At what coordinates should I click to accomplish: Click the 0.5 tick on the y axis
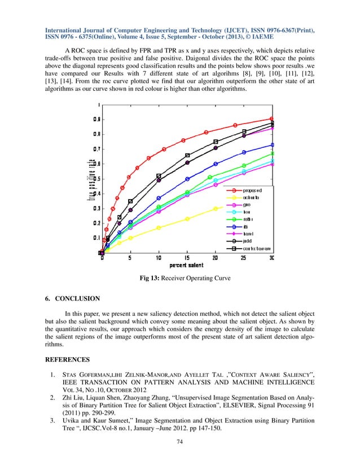pyautogui.click(x=97, y=179)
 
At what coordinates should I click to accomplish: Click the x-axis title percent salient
pyautogui.click(x=187, y=266)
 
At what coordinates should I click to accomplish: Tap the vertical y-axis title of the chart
pyautogui.click(x=90, y=179)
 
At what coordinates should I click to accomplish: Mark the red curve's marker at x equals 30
pyautogui.click(x=272, y=119)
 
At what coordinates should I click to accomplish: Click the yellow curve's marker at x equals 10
pyautogui.click(x=159, y=228)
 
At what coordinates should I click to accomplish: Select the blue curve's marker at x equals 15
pyautogui.click(x=187, y=179)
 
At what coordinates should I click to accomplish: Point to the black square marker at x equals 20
pyautogui.click(x=216, y=142)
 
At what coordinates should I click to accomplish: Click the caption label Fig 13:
pyautogui.click(x=151, y=277)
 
